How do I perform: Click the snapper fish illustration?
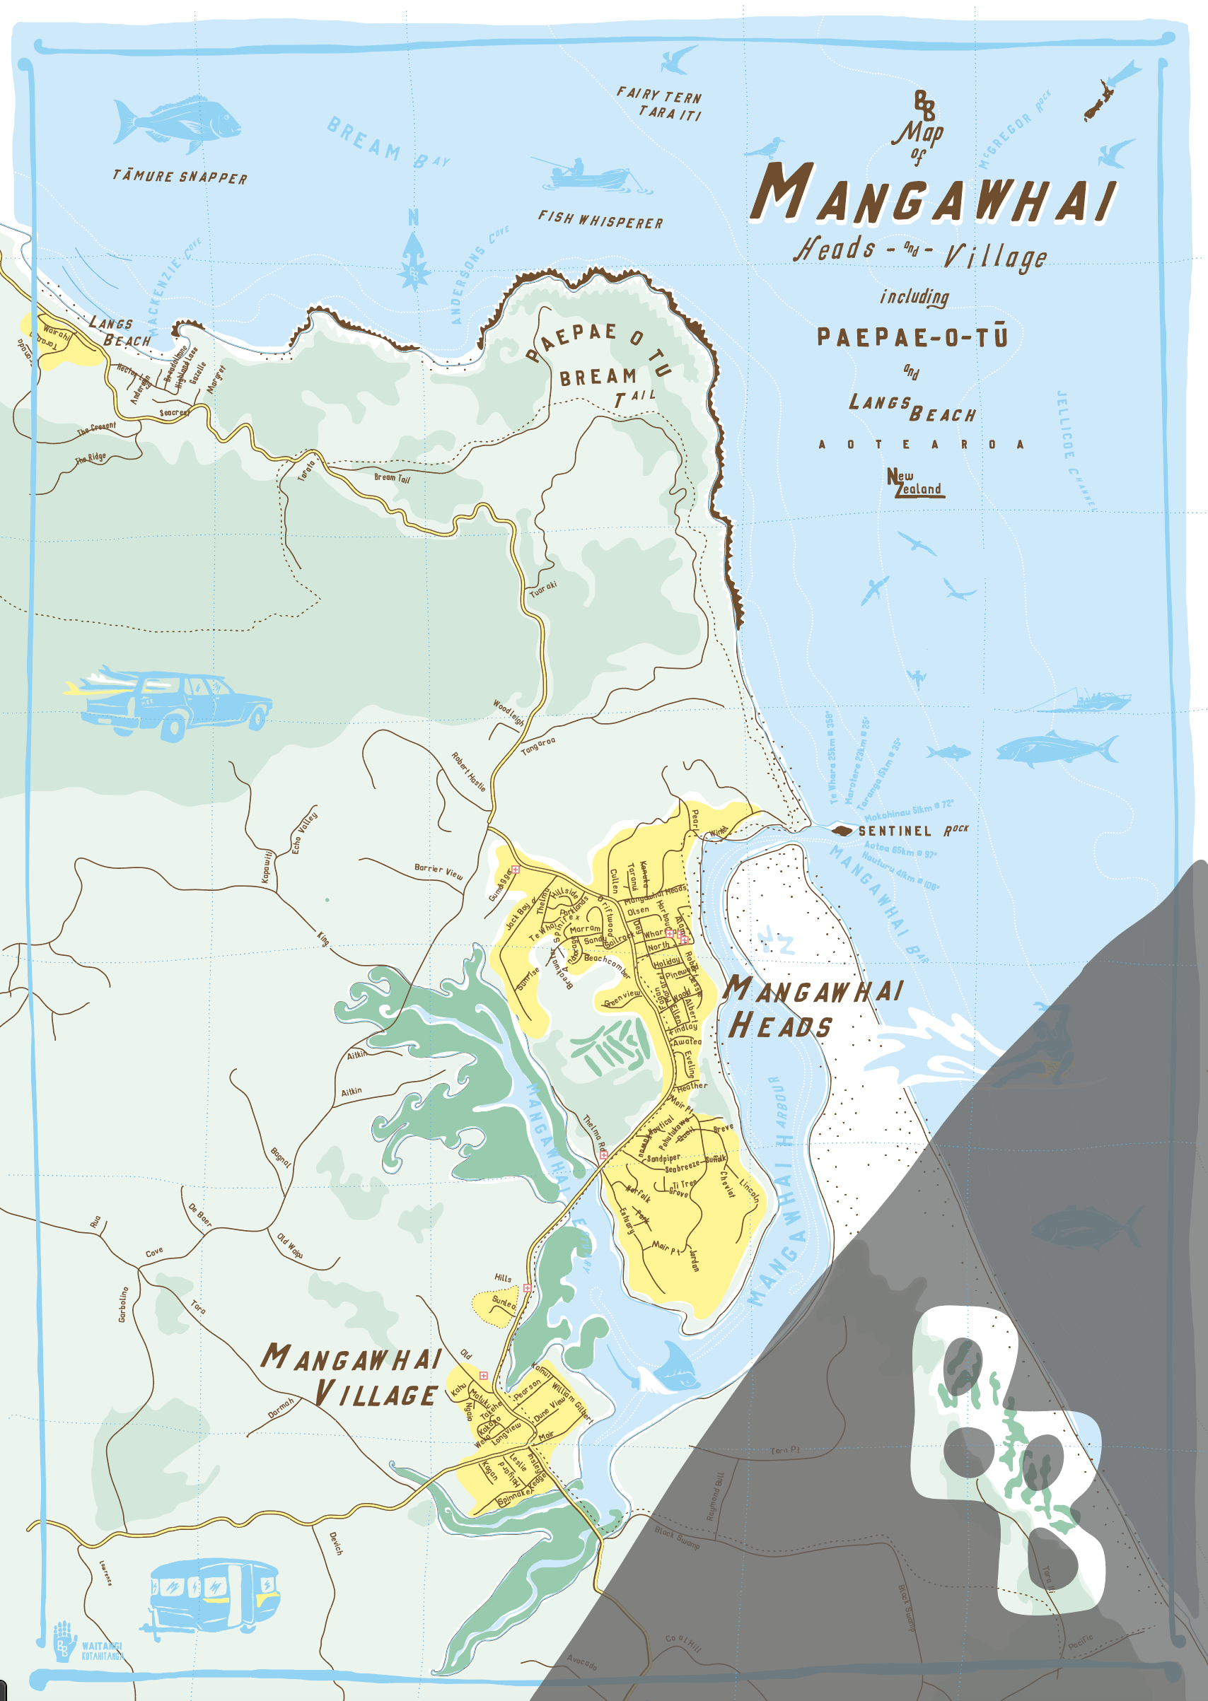point(177,120)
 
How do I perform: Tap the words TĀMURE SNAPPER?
point(180,177)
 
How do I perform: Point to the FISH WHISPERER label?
point(600,220)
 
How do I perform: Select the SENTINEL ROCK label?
point(912,831)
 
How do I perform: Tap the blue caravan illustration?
point(214,1594)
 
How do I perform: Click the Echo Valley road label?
point(304,832)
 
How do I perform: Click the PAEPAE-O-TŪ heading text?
point(912,337)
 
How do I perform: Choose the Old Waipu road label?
point(290,1246)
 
